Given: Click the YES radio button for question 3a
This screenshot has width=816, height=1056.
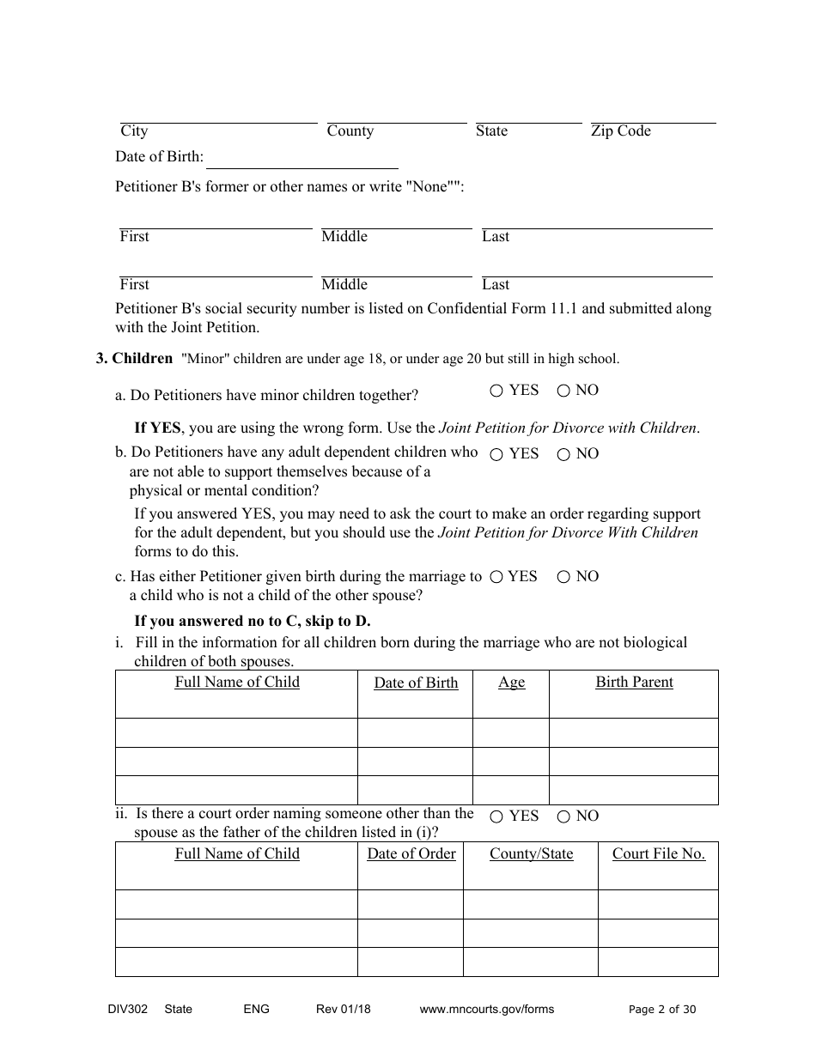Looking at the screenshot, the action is point(496,391).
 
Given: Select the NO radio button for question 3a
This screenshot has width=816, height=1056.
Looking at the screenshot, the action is point(563,391).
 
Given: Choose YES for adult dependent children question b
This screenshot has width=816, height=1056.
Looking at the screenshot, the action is point(496,455).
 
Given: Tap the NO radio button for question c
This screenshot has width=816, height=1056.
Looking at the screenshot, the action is point(563,578).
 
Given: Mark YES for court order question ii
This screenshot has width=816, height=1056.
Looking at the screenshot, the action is point(496,817).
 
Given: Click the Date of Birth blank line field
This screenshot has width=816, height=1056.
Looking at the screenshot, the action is point(302,160).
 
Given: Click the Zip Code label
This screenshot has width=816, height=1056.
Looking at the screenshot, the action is point(620,131).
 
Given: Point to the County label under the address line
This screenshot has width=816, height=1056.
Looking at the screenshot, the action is point(350,131).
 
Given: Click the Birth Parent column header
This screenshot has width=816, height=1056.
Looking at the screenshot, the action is point(634,683).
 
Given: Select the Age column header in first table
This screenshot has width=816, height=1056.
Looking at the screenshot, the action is point(511,683).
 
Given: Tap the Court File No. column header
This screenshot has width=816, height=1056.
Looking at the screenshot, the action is point(658,854).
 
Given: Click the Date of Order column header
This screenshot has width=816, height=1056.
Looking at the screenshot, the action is point(411,854).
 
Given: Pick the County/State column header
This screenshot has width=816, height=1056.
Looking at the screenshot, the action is point(531,854).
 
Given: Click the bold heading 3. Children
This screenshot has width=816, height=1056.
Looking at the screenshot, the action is point(134,359).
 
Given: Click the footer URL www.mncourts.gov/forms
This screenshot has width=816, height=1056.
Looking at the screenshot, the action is point(486,1010).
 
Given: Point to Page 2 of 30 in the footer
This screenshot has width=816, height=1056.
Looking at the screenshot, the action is point(662,1010).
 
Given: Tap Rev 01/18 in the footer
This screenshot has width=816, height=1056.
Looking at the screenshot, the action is point(343,1010).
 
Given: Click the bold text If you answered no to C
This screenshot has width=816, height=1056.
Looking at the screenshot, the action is point(252,622).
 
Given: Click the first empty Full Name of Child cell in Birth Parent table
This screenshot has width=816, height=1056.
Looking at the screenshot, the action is point(236,733).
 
